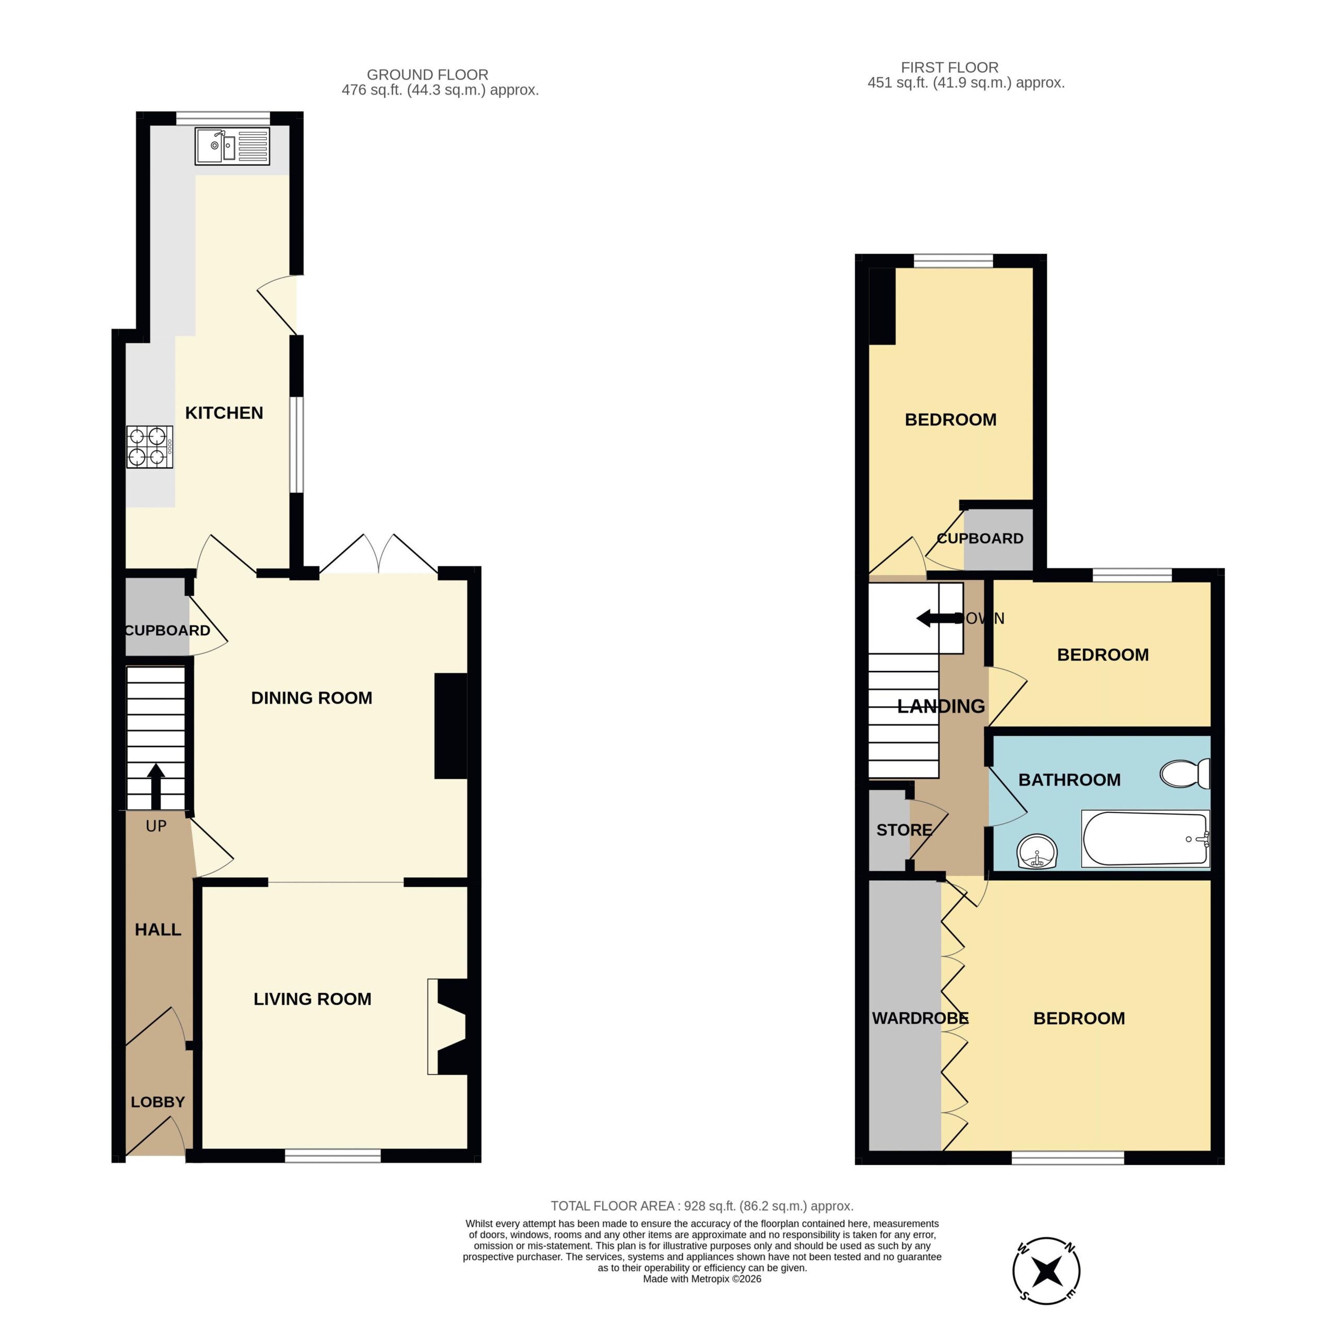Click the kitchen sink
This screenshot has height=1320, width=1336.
click(x=232, y=146)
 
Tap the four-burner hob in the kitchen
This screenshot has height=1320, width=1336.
click(x=149, y=447)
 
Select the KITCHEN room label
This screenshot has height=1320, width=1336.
click(x=224, y=413)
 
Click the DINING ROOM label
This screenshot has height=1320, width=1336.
click(x=311, y=698)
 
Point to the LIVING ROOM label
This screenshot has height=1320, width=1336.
click(x=313, y=998)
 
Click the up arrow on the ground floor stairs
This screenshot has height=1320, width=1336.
click(x=156, y=786)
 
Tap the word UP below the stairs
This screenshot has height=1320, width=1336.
click(x=156, y=826)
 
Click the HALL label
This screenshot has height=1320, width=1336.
click(x=158, y=930)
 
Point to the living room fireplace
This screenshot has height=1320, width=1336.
click(x=447, y=1026)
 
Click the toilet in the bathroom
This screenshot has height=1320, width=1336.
click(x=1185, y=773)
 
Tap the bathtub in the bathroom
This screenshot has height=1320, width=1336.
click(x=1145, y=839)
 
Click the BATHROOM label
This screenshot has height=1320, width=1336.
click(x=1069, y=779)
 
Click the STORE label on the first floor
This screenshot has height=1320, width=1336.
click(x=904, y=830)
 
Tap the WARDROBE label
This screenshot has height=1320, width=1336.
click(x=920, y=1018)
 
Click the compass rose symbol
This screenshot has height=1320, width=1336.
click(x=1046, y=1270)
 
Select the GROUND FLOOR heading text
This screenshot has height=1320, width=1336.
click(x=427, y=75)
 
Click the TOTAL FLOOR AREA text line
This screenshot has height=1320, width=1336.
click(x=702, y=1205)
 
